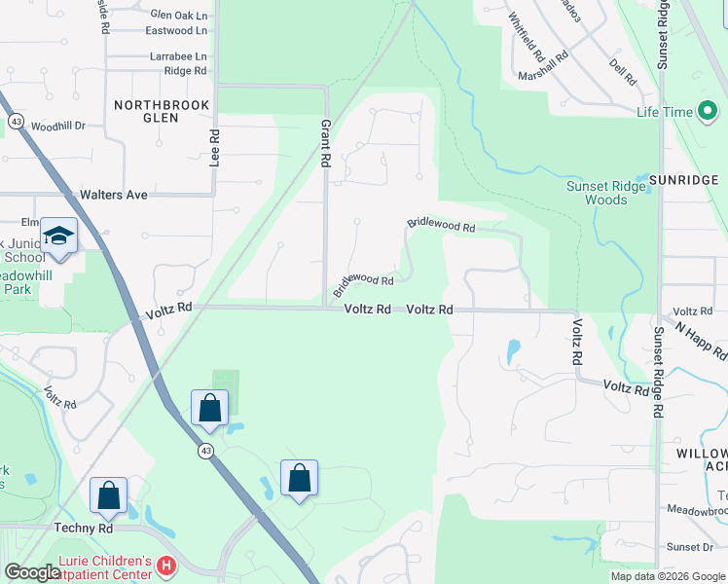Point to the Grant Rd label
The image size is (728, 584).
point(326,144)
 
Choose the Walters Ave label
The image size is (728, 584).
point(114,195)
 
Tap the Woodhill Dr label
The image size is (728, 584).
point(58,127)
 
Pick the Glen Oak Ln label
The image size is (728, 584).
point(179,16)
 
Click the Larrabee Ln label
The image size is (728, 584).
point(178,57)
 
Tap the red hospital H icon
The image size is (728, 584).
point(166,565)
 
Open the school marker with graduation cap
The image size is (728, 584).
point(59,237)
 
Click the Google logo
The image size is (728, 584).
point(32,572)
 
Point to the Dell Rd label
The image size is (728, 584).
point(622,71)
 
